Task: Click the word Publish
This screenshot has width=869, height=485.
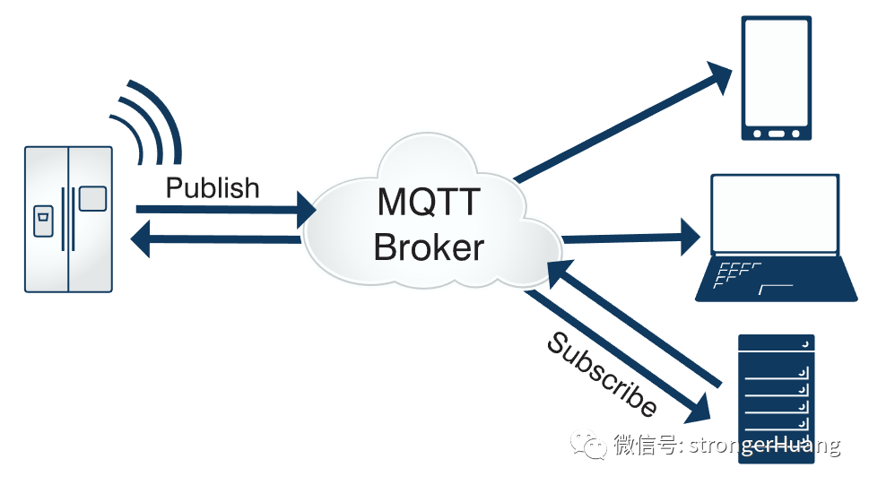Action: click(213, 188)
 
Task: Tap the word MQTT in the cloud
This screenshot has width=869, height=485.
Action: click(429, 203)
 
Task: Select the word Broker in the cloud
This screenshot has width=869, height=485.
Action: click(429, 247)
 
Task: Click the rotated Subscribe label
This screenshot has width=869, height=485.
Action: click(602, 375)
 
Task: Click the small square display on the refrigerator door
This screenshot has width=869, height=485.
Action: click(92, 198)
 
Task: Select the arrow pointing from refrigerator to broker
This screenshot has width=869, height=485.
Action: click(224, 211)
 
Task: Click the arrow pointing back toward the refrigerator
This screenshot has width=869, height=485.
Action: click(215, 239)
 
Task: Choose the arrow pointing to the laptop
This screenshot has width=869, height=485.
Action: click(628, 238)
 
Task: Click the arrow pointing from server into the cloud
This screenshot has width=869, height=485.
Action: click(637, 323)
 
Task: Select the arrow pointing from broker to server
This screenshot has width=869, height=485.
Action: click(619, 359)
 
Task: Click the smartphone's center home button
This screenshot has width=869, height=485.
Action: click(777, 134)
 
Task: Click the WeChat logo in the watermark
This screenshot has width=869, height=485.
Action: click(593, 444)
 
